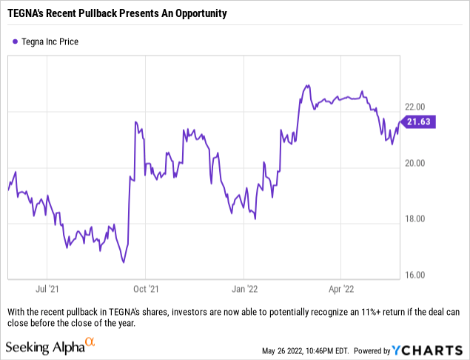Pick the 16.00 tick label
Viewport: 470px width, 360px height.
coord(414,276)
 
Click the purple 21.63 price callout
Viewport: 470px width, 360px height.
coord(419,121)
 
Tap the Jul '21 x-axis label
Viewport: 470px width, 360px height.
coord(47,290)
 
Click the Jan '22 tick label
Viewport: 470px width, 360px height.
coord(245,290)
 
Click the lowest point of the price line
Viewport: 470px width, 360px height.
coord(124,262)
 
